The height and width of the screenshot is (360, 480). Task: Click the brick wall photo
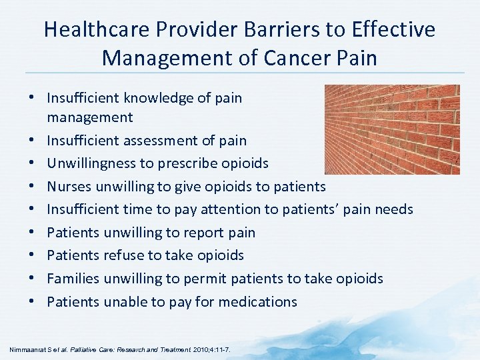391,129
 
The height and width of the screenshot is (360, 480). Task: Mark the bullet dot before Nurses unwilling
32,187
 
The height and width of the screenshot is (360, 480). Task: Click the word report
201,233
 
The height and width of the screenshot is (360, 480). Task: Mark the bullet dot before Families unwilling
32,278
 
